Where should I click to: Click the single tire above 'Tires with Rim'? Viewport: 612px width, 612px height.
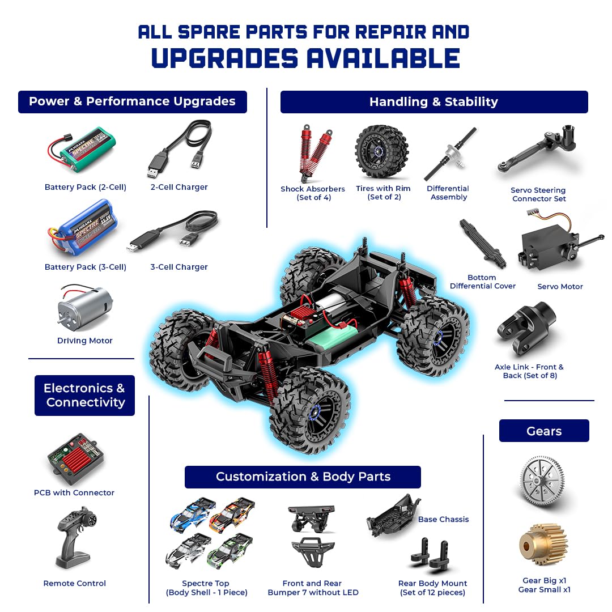[382, 152]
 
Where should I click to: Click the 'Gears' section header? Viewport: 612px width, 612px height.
[544, 431]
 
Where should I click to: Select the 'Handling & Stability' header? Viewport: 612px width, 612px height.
[433, 102]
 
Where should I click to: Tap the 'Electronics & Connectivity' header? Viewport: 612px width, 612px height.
[85, 396]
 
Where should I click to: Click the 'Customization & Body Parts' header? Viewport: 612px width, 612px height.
[303, 477]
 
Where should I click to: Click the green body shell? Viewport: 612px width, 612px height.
[229, 550]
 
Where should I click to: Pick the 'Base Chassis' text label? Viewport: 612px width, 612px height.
[443, 519]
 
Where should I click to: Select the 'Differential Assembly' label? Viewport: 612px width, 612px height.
[448, 193]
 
